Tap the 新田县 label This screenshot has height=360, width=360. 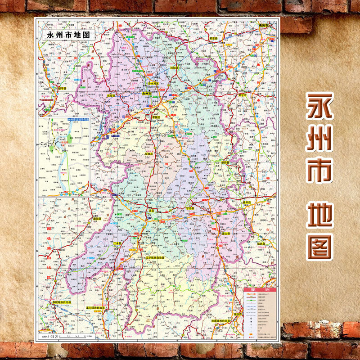(x=225, y=162)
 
